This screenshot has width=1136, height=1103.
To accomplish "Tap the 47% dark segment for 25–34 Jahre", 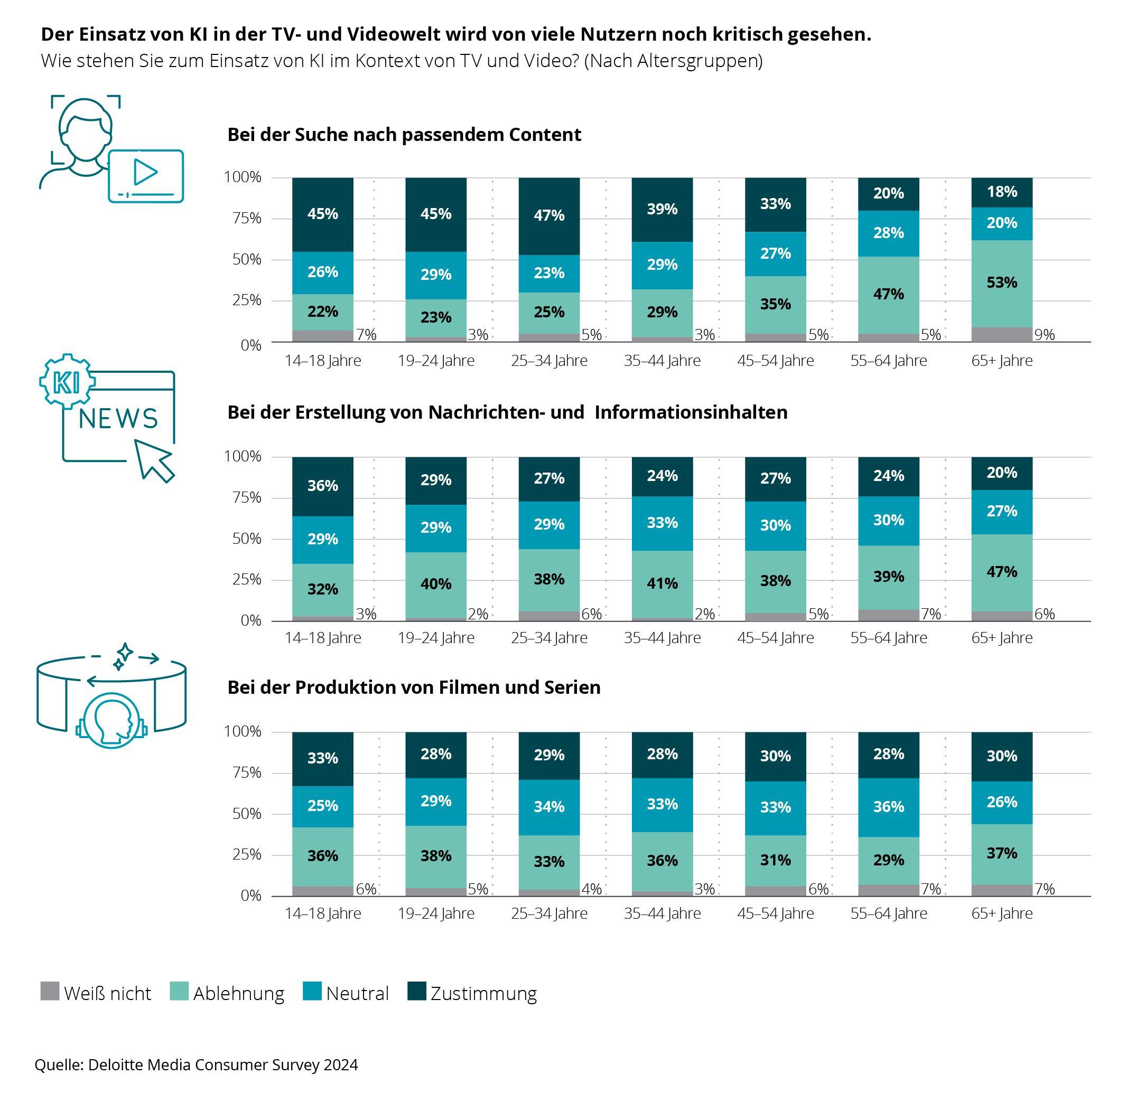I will (x=549, y=215).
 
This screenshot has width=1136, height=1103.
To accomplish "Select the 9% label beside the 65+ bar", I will (x=1045, y=335).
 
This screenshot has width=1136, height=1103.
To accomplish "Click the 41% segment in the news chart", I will (x=662, y=583).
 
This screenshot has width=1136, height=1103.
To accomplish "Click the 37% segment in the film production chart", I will (x=1002, y=853).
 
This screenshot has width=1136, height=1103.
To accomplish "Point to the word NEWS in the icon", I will (x=118, y=419).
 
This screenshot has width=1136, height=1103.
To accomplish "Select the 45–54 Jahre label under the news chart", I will (x=775, y=638).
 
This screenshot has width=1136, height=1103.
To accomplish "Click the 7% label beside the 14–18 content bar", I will (x=366, y=335).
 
